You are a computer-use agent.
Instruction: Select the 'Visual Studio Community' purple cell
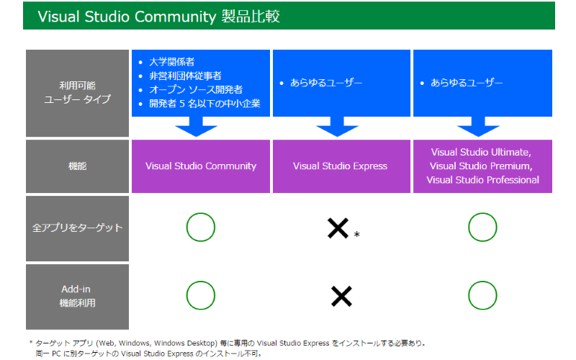coord(201,166)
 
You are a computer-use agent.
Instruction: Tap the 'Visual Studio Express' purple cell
coord(340,166)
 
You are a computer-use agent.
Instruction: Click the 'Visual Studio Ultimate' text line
coord(481,153)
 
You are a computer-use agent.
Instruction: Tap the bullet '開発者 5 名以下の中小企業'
coord(204,103)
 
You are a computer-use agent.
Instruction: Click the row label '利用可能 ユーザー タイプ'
coord(77,92)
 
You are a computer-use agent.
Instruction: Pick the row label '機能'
coord(77,166)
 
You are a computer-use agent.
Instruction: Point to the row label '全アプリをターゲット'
coord(77,228)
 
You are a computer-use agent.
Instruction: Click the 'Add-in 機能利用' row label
coord(77,296)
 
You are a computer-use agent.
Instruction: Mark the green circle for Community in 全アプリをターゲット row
coord(201,228)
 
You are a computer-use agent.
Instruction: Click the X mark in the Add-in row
coord(341,296)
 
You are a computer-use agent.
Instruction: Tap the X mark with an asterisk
coord(338,228)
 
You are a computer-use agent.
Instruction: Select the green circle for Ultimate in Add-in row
coord(482,295)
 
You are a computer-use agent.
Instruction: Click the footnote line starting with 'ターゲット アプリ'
coord(234,343)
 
